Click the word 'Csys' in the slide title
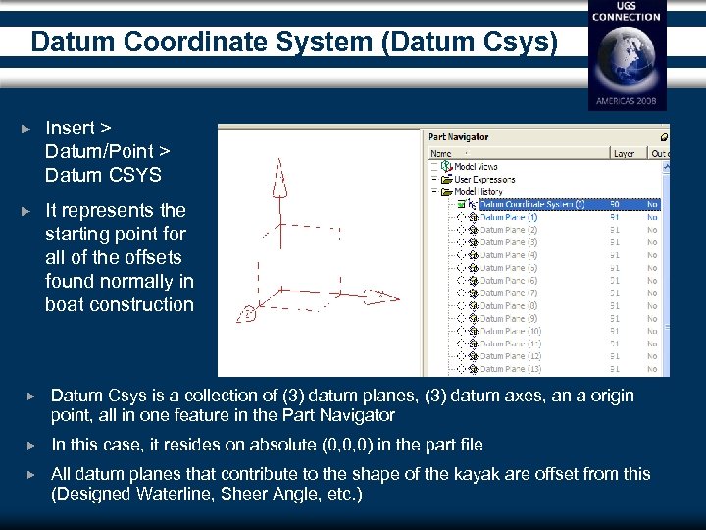[528, 42]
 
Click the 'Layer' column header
[624, 153]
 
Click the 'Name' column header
[442, 153]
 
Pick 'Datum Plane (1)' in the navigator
[508, 217]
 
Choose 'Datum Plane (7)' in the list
[508, 293]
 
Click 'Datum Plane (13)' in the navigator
[510, 369]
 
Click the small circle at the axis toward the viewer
[249, 314]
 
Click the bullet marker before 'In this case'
[30, 445]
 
